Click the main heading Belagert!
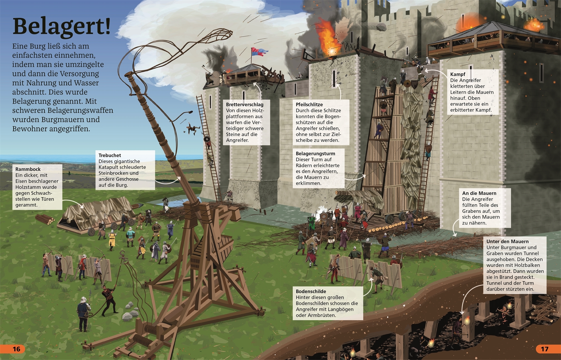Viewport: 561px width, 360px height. [62, 26]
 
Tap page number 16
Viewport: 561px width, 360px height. [17, 349]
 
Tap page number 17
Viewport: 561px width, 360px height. [544, 349]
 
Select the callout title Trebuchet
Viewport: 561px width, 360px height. [110, 155]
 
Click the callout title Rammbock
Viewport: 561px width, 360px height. [28, 169]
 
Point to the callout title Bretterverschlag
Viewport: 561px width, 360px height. [245, 105]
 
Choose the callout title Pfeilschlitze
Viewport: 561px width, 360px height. [309, 105]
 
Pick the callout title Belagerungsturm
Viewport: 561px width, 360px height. [315, 154]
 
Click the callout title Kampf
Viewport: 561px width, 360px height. [458, 74]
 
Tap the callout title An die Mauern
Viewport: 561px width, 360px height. [479, 193]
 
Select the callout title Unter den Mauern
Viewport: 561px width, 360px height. [508, 241]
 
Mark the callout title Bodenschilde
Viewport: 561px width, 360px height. [311, 291]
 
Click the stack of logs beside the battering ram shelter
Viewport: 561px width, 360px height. [45, 220]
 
